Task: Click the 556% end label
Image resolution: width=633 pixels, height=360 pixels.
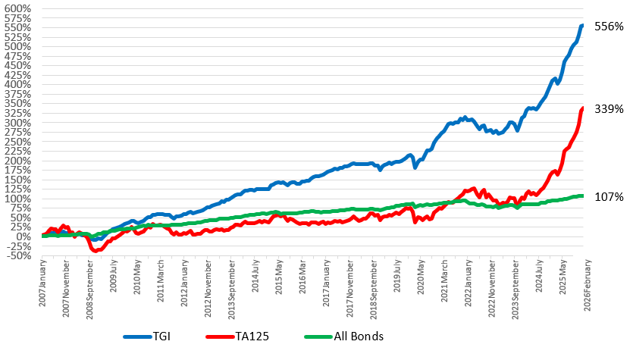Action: [609, 27]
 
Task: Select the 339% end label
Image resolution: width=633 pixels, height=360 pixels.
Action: [609, 109]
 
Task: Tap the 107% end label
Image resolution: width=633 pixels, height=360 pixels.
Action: [609, 196]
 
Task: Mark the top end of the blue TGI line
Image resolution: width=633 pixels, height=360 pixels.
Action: [582, 26]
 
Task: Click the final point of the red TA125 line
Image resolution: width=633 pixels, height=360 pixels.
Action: [582, 108]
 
